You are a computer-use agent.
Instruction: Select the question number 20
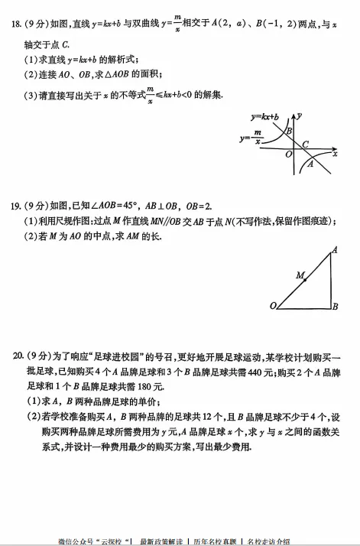[13, 356]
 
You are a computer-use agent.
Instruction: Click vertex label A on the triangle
[334, 250]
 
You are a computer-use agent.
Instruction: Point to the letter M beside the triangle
[300, 274]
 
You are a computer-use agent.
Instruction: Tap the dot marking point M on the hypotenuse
[305, 280]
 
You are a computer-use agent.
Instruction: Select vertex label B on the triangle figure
[335, 307]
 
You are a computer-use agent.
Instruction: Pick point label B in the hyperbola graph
[288, 131]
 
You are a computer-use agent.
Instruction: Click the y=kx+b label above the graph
[264, 116]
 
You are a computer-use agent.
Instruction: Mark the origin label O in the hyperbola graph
[288, 154]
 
